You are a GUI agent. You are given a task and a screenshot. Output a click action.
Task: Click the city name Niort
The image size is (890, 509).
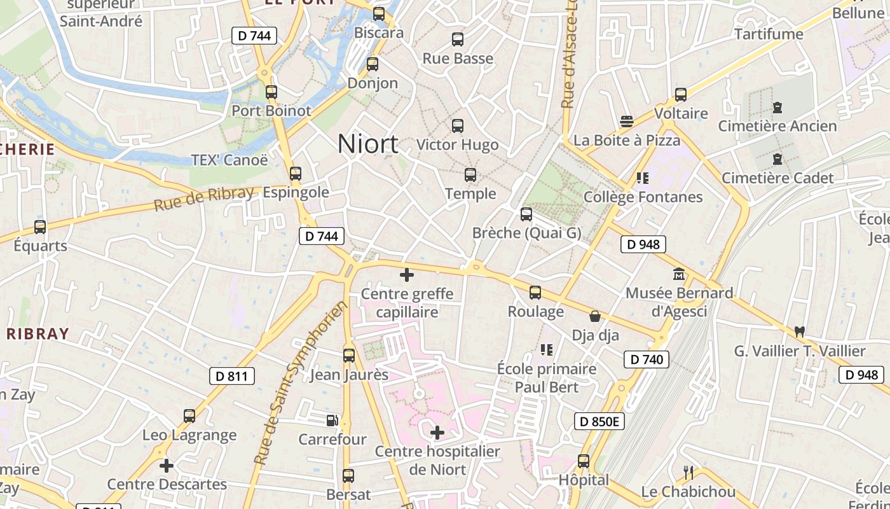(367, 144)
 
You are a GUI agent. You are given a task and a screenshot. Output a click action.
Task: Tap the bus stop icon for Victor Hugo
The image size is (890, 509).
(458, 126)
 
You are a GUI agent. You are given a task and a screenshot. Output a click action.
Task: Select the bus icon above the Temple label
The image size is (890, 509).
(470, 175)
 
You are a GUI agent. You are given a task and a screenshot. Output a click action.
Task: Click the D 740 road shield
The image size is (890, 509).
(647, 359)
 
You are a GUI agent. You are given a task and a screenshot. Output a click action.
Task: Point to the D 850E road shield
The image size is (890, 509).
(599, 421)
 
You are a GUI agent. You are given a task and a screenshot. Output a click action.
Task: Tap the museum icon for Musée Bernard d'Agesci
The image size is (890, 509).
(679, 274)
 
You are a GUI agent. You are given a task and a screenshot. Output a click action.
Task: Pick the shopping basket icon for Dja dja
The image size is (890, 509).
(595, 316)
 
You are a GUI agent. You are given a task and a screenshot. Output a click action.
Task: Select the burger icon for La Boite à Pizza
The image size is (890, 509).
(627, 121)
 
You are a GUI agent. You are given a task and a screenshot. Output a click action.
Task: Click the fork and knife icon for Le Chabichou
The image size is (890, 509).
(688, 473)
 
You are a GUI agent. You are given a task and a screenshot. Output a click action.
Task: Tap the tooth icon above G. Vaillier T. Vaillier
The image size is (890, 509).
(800, 331)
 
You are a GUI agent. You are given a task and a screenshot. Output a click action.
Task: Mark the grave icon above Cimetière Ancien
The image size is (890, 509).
(777, 108)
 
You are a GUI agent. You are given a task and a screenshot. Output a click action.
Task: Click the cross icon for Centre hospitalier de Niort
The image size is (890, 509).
(437, 433)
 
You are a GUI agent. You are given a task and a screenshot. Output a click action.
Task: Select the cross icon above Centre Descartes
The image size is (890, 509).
(167, 466)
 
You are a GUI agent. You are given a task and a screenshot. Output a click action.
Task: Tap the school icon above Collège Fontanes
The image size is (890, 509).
(642, 178)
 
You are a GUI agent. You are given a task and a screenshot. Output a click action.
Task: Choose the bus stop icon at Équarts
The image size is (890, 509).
(40, 227)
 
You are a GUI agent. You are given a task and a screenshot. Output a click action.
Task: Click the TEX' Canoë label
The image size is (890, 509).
(229, 160)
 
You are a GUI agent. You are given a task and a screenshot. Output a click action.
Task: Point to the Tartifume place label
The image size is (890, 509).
(769, 34)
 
